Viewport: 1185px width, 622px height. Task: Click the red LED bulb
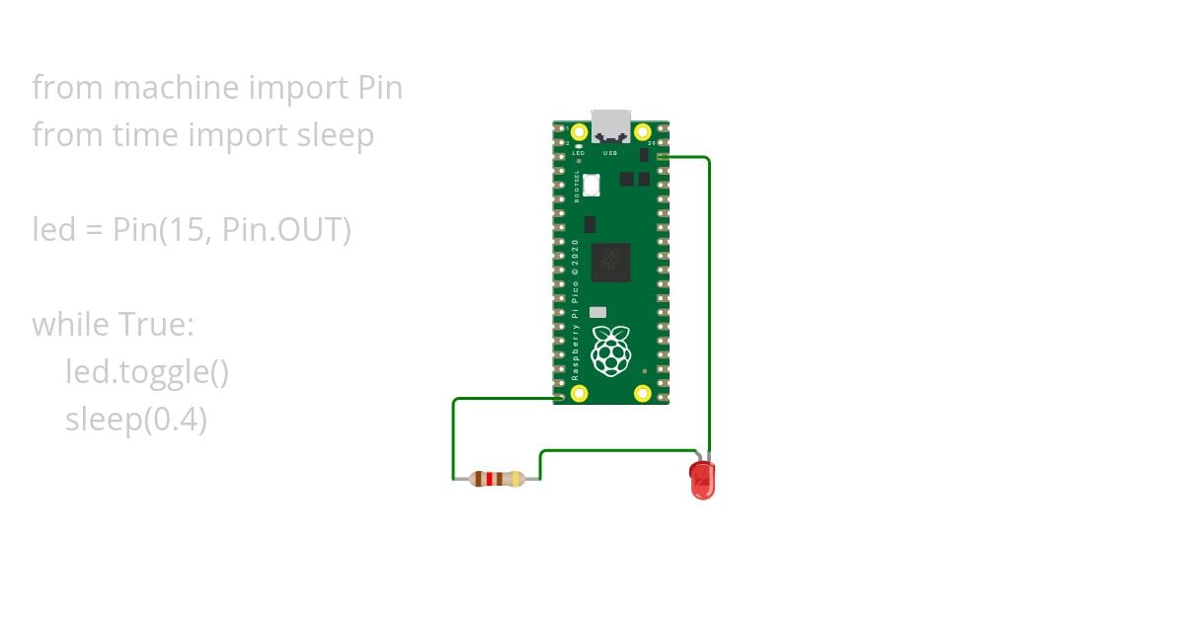(701, 480)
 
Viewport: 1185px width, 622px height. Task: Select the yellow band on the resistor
(517, 480)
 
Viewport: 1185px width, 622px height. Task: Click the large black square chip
(610, 263)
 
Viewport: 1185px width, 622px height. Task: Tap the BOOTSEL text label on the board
(578, 186)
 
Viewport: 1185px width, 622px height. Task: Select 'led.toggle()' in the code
(147, 372)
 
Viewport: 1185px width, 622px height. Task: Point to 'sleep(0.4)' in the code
(136, 420)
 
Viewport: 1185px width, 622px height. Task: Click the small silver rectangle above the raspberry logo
(597, 312)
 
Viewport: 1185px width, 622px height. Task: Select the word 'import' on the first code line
(295, 88)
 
